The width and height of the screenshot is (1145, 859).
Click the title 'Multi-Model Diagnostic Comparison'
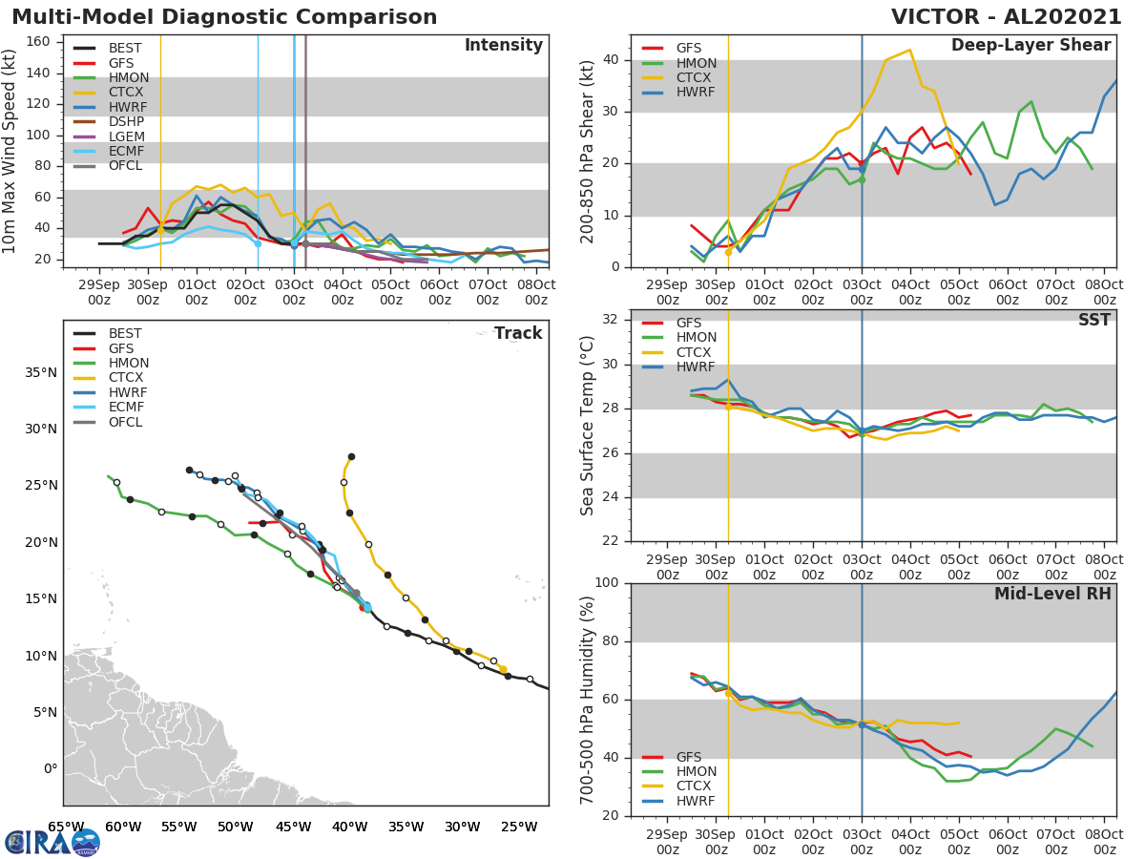[224, 17]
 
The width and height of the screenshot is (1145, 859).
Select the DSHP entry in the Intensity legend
[126, 139]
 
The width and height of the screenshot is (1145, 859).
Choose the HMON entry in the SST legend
[696, 337]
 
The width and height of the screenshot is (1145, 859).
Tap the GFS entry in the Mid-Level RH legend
[689, 757]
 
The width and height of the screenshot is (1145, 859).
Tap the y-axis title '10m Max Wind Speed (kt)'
[10, 154]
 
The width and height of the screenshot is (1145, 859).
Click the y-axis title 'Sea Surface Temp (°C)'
[588, 426]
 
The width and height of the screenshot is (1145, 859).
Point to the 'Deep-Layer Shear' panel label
[1030, 46]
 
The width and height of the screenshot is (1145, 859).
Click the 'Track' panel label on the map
[517, 333]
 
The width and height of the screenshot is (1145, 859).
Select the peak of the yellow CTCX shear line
[909, 50]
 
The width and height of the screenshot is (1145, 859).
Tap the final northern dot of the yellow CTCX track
[351, 456]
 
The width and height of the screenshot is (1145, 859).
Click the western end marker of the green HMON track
[108, 476]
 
